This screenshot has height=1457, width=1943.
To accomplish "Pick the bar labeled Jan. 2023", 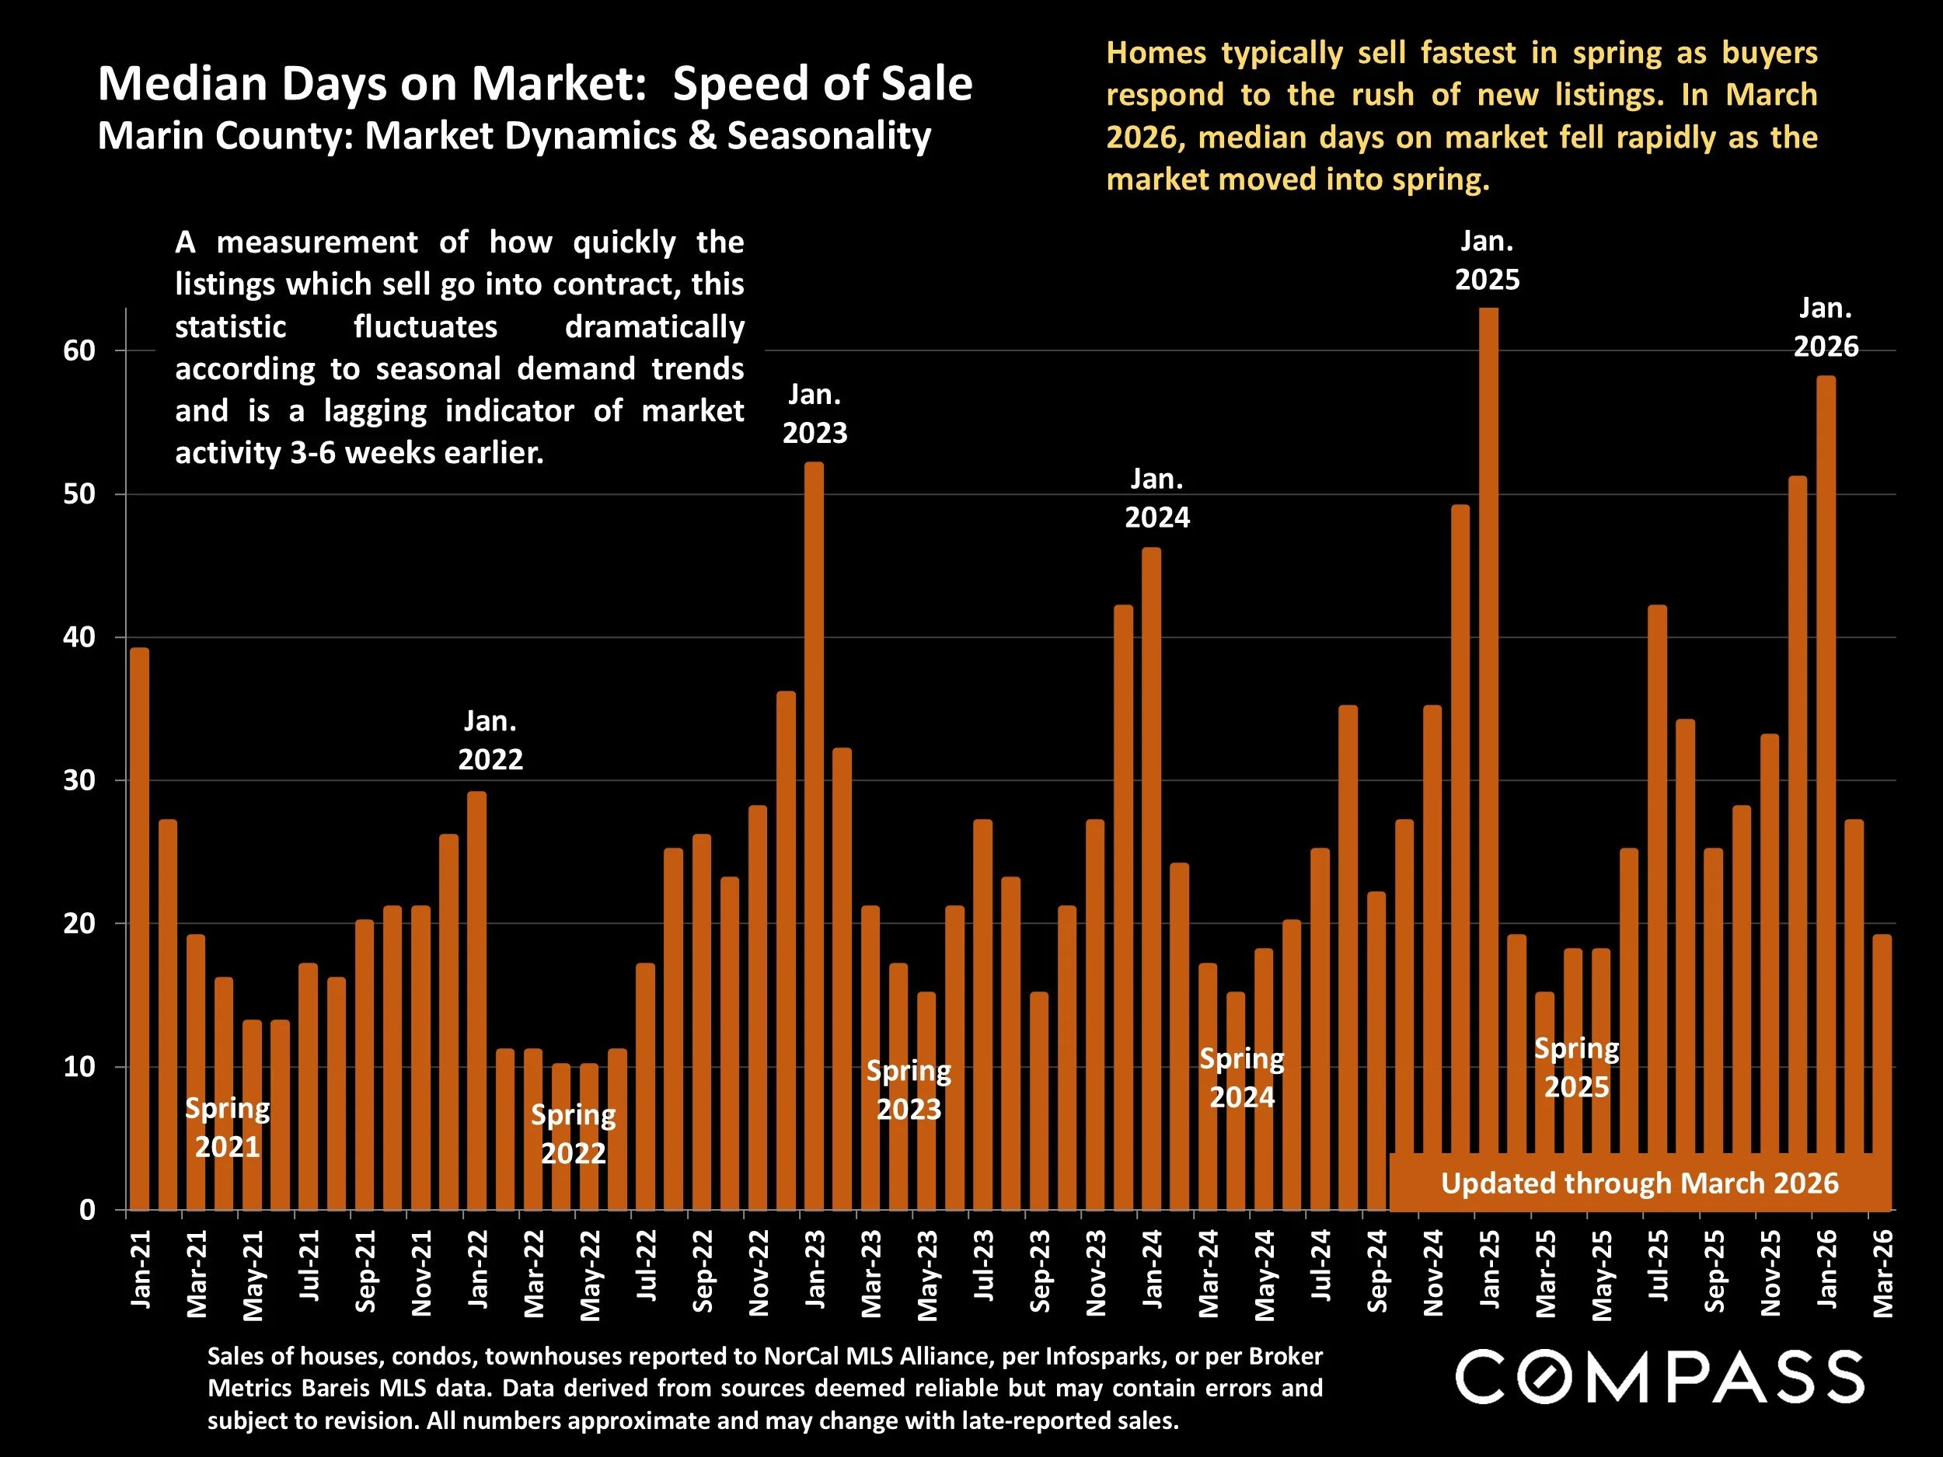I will click(x=815, y=835).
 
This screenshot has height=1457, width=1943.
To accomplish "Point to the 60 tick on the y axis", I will click(x=79, y=350).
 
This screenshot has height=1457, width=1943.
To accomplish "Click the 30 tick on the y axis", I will click(x=79, y=781).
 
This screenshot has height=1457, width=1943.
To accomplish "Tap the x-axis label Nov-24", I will click(x=1433, y=1273).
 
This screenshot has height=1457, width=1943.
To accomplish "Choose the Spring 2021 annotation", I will click(x=227, y=1128).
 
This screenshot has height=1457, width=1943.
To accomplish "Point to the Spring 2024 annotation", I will click(x=1242, y=1078).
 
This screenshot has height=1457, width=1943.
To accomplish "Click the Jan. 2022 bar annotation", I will click(x=490, y=741).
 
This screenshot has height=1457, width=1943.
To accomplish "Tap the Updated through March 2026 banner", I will click(x=1639, y=1183).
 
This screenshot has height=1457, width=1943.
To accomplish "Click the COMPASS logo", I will click(x=1659, y=1376).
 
